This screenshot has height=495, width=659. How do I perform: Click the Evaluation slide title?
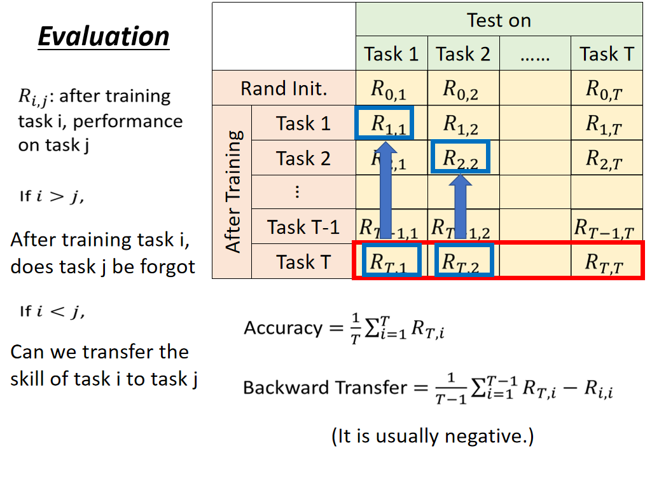(x=104, y=36)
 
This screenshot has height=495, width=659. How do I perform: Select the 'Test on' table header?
(x=499, y=20)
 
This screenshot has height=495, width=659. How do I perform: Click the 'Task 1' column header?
(x=391, y=54)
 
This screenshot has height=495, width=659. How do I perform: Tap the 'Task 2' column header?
(x=463, y=54)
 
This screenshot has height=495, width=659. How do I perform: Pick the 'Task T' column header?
(x=607, y=54)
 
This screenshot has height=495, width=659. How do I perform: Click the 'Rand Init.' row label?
(x=284, y=88)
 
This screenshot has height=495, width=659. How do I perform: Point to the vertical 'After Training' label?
(x=233, y=191)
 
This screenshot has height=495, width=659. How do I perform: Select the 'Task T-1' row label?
(x=303, y=226)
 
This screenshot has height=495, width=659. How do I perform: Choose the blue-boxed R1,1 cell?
(x=385, y=123)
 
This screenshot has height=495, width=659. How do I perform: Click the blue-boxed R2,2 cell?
(x=460, y=157)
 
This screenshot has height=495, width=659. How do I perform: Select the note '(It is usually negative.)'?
(x=433, y=437)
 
